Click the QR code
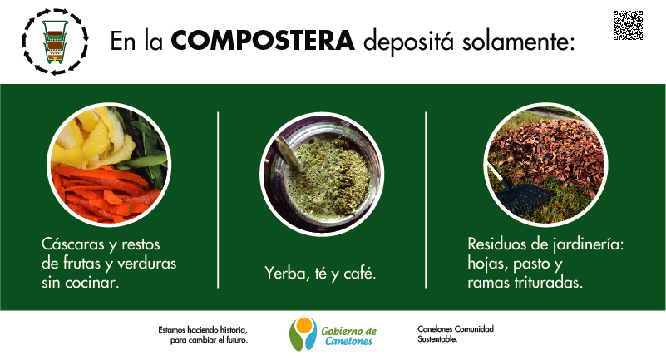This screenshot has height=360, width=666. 628,26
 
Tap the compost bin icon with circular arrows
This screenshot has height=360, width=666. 55,42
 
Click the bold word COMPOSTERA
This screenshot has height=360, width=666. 263,41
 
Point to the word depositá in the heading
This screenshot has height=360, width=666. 408,42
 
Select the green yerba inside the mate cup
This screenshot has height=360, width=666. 328,176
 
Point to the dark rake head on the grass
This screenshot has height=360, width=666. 525,197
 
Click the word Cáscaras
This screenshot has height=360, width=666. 72,244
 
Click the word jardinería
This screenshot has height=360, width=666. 588,244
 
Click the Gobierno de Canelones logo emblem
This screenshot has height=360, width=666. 303,334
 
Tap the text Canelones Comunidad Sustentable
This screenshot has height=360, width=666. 456,334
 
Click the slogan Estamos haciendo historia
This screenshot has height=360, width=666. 203,330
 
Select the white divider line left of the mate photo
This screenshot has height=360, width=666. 218,200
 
